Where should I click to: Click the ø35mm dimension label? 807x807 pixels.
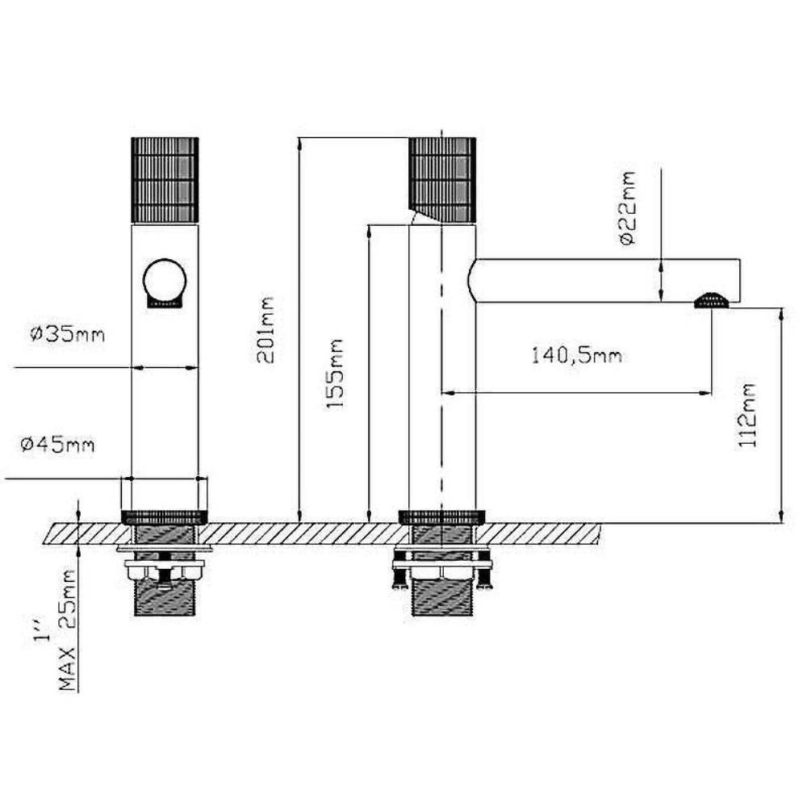click(68, 335)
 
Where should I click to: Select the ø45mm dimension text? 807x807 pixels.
click(57, 444)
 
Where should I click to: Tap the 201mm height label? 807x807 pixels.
click(266, 330)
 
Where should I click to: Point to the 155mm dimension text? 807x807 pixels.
click(335, 374)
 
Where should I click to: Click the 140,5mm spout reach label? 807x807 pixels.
click(576, 356)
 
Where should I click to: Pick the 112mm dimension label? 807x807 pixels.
click(748, 415)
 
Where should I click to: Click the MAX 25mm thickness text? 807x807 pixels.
click(68, 629)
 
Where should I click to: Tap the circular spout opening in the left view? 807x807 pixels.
click(165, 281)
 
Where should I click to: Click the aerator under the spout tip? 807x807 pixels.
click(711, 300)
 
